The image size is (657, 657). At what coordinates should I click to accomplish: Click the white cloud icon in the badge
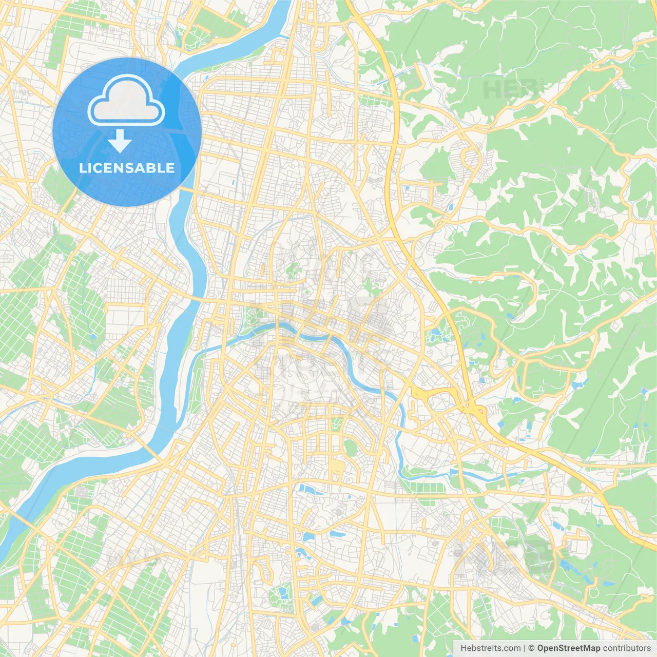(x=126, y=101)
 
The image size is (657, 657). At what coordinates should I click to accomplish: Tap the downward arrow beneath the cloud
(x=120, y=141)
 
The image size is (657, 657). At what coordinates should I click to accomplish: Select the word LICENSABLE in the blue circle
(x=127, y=168)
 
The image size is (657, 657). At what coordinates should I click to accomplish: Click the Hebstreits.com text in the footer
(x=490, y=648)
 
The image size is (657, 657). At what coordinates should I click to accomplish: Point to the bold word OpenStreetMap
(x=569, y=648)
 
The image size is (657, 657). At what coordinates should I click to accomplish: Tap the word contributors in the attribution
(x=627, y=648)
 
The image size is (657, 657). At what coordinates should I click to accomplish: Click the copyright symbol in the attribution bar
(x=532, y=648)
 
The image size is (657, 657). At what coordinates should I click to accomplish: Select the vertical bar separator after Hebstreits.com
(x=525, y=648)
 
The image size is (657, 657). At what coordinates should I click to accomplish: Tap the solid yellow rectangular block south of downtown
(x=337, y=467)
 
